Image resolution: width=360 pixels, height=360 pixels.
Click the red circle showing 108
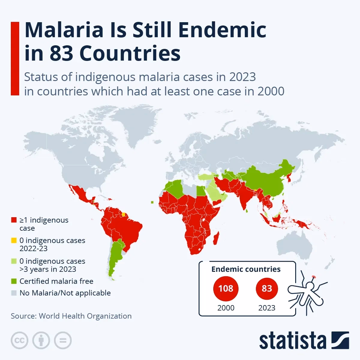pyautogui.click(x=226, y=289)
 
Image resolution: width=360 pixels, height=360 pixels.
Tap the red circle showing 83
pyautogui.click(x=267, y=289)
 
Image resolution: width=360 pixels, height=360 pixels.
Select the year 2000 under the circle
pyautogui.click(x=226, y=308)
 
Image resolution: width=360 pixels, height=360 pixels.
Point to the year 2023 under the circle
pyautogui.click(x=267, y=308)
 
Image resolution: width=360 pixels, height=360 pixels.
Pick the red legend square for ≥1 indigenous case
pyautogui.click(x=13, y=220)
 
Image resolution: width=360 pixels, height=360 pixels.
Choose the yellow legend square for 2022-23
pyautogui.click(x=13, y=241)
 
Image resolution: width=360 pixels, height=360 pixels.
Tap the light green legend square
pyautogui.click(x=13, y=262)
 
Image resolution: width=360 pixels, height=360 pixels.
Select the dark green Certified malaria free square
pyautogui.click(x=13, y=281)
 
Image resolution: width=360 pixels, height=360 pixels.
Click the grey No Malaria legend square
pyautogui.click(x=13, y=293)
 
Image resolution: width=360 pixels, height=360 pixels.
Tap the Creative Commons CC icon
pyautogui.click(x=19, y=340)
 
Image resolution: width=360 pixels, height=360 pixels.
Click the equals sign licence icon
pyautogui.click(x=63, y=340)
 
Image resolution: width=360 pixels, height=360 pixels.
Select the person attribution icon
pyautogui.click(x=41, y=340)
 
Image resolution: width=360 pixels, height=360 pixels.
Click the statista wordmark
pyautogui.click(x=292, y=341)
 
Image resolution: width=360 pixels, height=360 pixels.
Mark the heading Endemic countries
pyautogui.click(x=246, y=269)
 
